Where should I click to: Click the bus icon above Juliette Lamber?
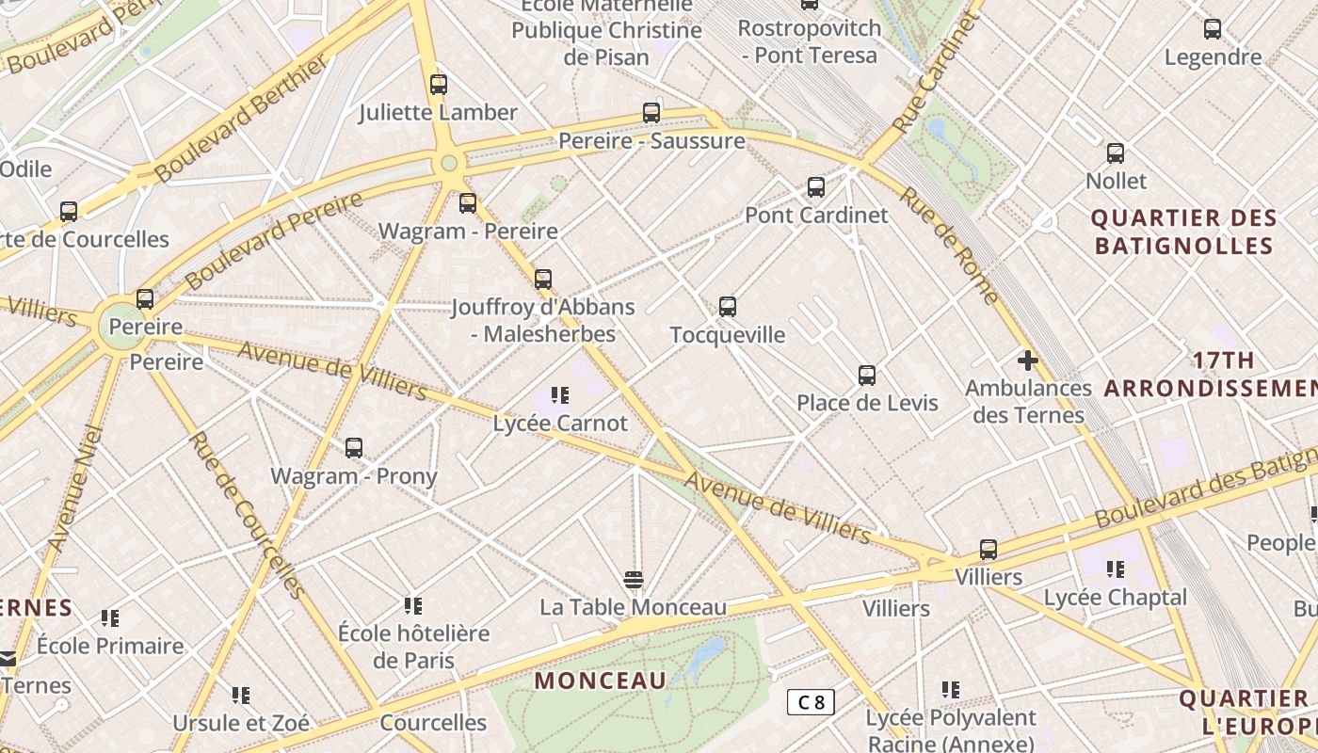[439, 85]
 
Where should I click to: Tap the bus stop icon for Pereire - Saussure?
[651, 113]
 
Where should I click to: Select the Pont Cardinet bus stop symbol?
[816, 187]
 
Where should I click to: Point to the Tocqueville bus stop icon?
[728, 307]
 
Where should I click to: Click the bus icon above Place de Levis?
[867, 376]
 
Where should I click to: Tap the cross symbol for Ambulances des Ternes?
[1028, 360]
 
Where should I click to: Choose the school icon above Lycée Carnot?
[560, 395]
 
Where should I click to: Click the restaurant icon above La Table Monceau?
[633, 579]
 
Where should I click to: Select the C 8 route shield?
[811, 701]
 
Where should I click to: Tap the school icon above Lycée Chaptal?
[1116, 569]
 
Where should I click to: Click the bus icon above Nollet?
[1116, 152]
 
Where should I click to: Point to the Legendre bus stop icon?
[1213, 29]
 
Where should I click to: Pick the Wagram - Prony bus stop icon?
[354, 448]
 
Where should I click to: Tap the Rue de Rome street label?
[950, 246]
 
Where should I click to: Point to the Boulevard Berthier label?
[242, 118]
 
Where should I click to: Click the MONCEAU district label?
[601, 681]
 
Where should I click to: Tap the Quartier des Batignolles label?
[1182, 232]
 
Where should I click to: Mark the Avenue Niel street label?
[74, 489]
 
